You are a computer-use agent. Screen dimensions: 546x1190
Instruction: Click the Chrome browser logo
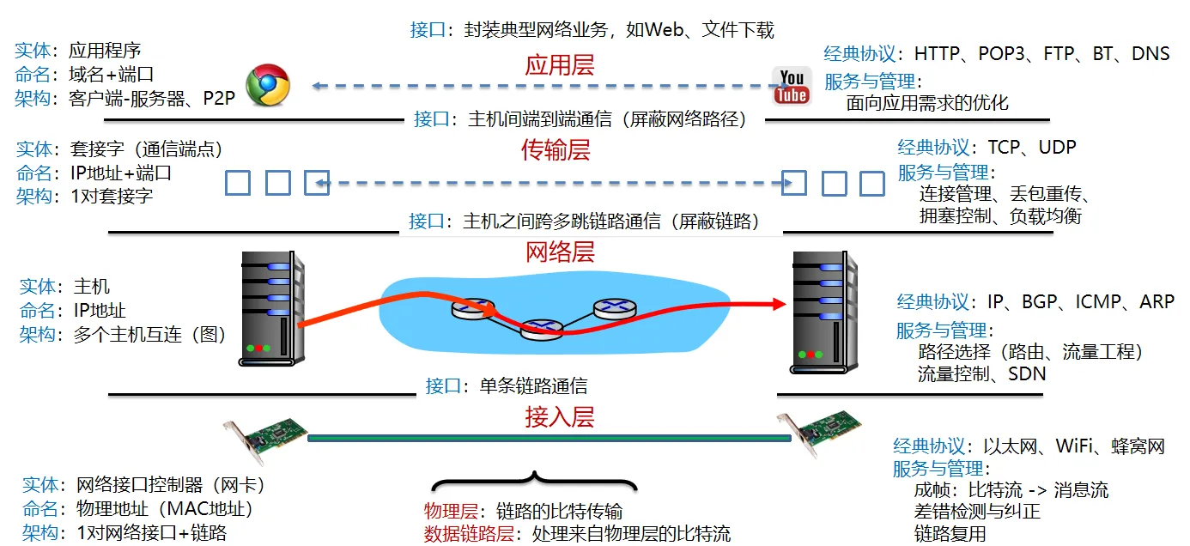pos(268,86)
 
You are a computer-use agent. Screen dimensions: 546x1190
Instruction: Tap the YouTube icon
pos(791,85)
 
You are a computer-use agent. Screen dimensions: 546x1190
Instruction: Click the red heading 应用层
pos(560,65)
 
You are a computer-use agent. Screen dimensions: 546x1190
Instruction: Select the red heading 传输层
pos(556,150)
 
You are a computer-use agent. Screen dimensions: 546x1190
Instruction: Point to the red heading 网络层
pos(560,252)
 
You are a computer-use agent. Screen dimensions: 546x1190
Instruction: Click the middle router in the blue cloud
pos(541,326)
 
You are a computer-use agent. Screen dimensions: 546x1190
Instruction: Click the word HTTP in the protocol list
pos(938,54)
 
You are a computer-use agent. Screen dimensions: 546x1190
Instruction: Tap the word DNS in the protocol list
pos(1151,54)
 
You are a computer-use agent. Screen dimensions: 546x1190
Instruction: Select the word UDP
pos(1057,147)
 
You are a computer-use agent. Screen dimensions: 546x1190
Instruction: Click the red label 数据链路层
pos(469,533)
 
